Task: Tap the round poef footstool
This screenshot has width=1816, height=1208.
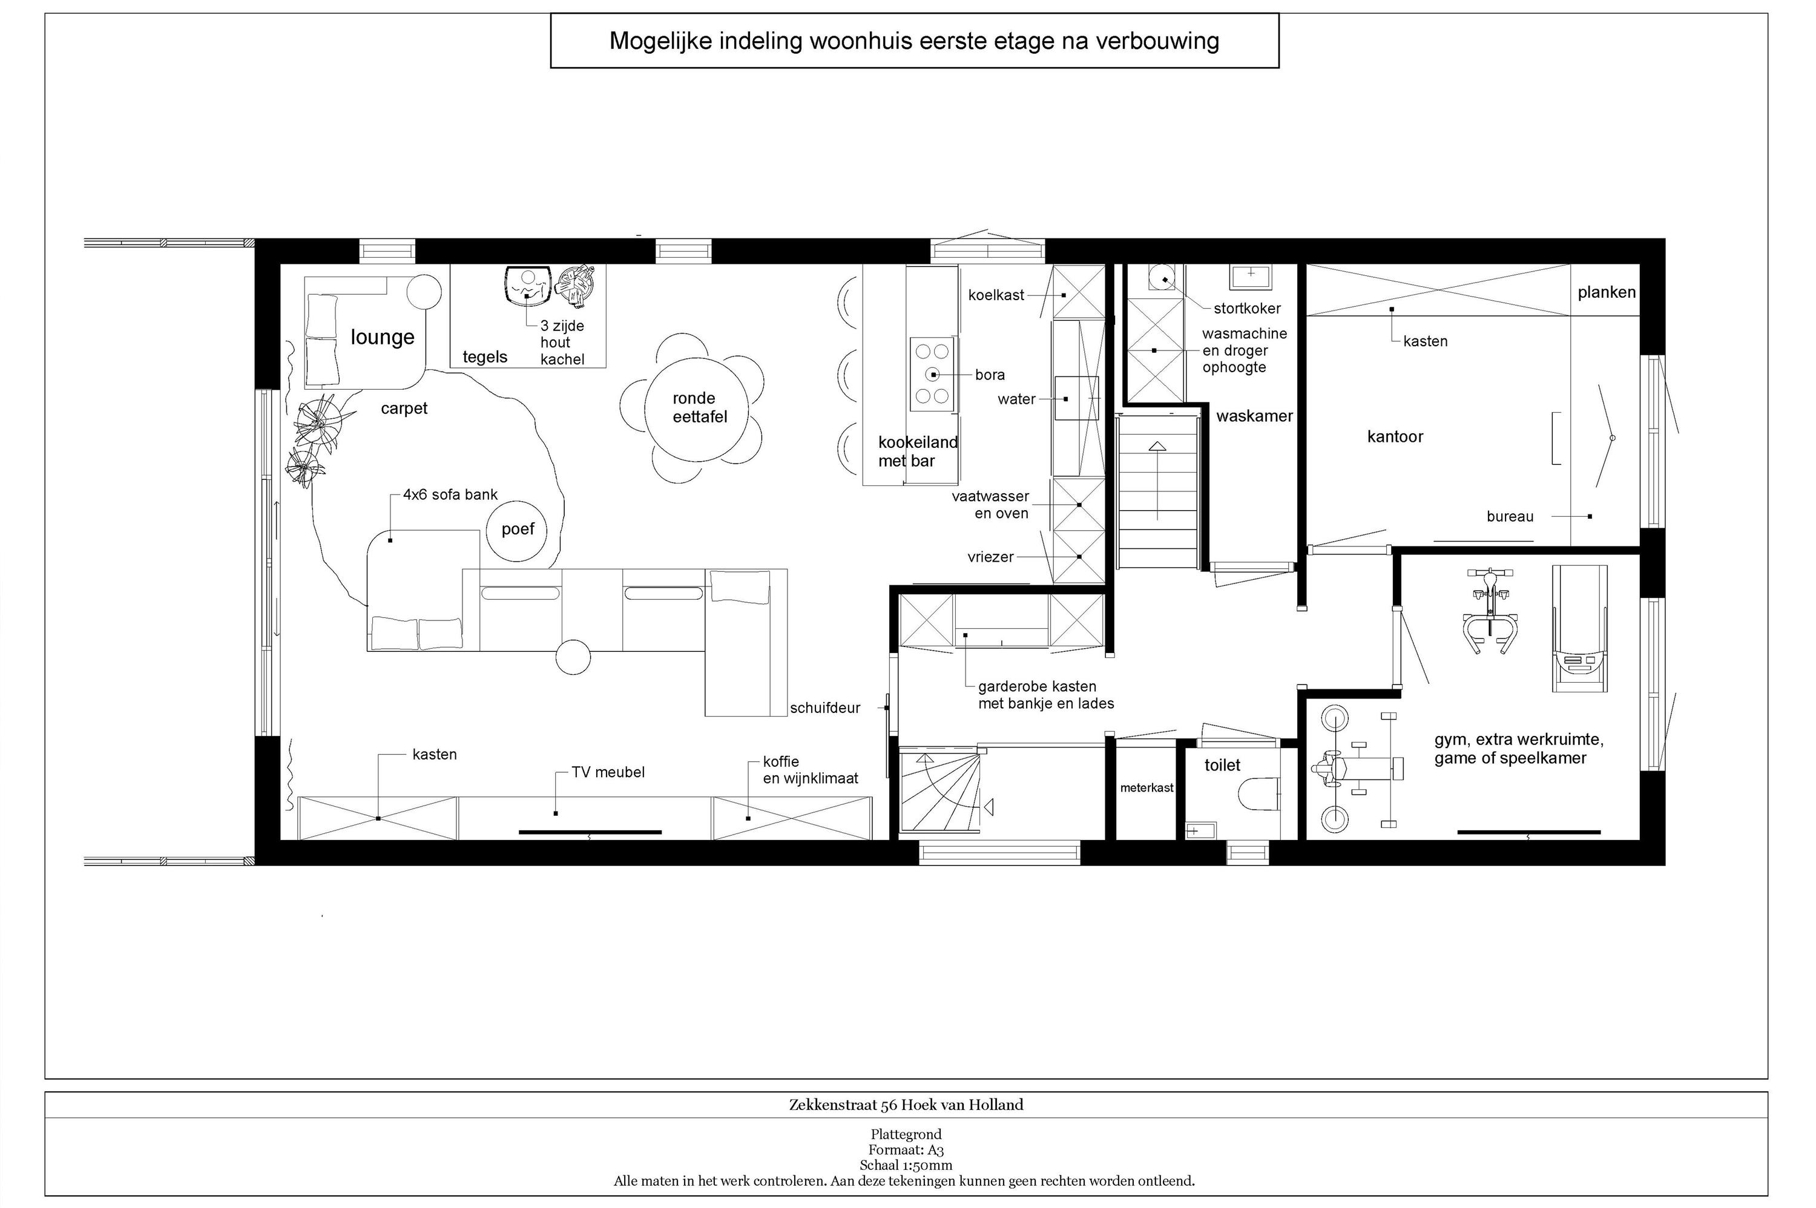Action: [x=517, y=530]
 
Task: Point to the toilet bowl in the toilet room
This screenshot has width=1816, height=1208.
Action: [x=1259, y=794]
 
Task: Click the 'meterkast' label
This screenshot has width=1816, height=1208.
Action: [x=1147, y=787]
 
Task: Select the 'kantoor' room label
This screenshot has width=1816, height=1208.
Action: [x=1395, y=437]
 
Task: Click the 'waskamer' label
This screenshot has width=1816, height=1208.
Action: [x=1254, y=416]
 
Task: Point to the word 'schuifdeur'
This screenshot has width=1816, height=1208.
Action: [x=824, y=708]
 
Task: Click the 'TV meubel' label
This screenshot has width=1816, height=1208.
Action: [x=608, y=772]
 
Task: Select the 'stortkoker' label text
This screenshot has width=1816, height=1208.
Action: [x=1246, y=308]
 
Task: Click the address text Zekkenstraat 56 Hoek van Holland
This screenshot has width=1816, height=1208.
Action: [x=906, y=1105]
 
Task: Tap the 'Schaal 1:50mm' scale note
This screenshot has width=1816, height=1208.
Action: [x=906, y=1166]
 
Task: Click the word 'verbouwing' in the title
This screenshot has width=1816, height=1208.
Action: [x=1157, y=41]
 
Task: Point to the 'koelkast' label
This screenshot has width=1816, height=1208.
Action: [x=996, y=295]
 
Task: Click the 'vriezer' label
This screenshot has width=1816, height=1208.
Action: [x=990, y=557]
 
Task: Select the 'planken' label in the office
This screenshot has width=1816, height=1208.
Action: [x=1607, y=293]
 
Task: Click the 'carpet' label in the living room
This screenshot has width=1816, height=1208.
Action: [x=404, y=409]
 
